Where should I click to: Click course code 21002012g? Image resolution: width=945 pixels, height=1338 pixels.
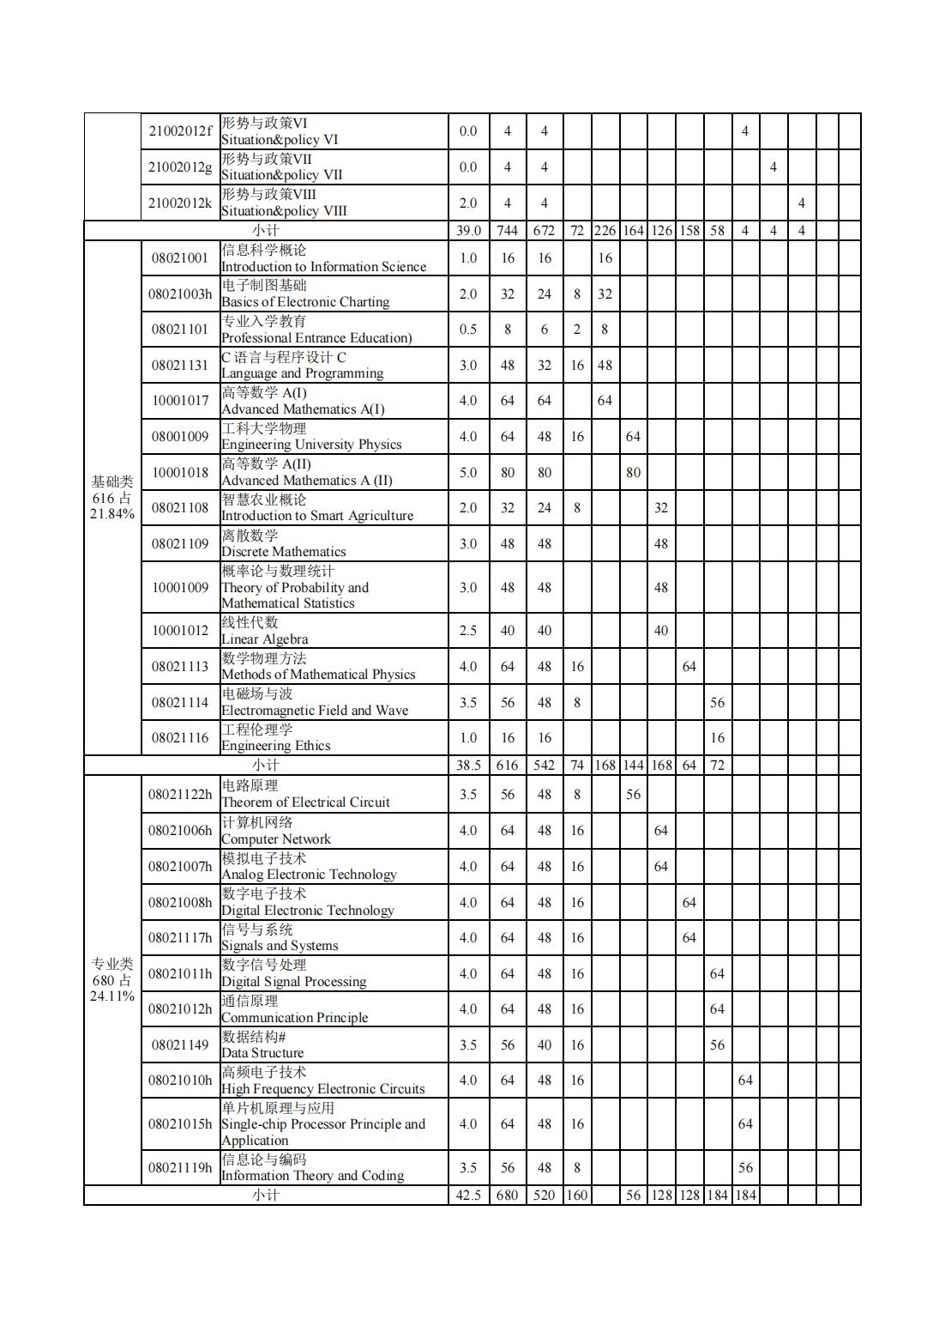(x=179, y=167)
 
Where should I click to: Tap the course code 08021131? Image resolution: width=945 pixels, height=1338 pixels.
(x=179, y=366)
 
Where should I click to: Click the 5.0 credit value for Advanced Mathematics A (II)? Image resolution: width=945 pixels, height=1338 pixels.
(x=467, y=473)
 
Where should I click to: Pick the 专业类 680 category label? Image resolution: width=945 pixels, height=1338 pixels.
(x=112, y=980)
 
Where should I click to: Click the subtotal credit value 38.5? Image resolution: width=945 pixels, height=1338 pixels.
(x=467, y=766)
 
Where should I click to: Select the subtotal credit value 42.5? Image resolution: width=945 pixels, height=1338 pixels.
(x=467, y=1196)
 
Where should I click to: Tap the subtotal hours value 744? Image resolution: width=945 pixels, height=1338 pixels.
(x=507, y=231)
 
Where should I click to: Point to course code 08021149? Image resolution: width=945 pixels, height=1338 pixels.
(x=179, y=1045)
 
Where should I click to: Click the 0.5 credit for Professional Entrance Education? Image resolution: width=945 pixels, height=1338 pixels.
(x=467, y=330)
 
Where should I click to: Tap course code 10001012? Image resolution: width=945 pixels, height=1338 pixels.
(x=179, y=631)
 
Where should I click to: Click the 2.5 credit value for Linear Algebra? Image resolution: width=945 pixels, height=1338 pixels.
(x=467, y=631)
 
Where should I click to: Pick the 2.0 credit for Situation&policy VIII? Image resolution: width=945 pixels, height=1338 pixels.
(x=467, y=203)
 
